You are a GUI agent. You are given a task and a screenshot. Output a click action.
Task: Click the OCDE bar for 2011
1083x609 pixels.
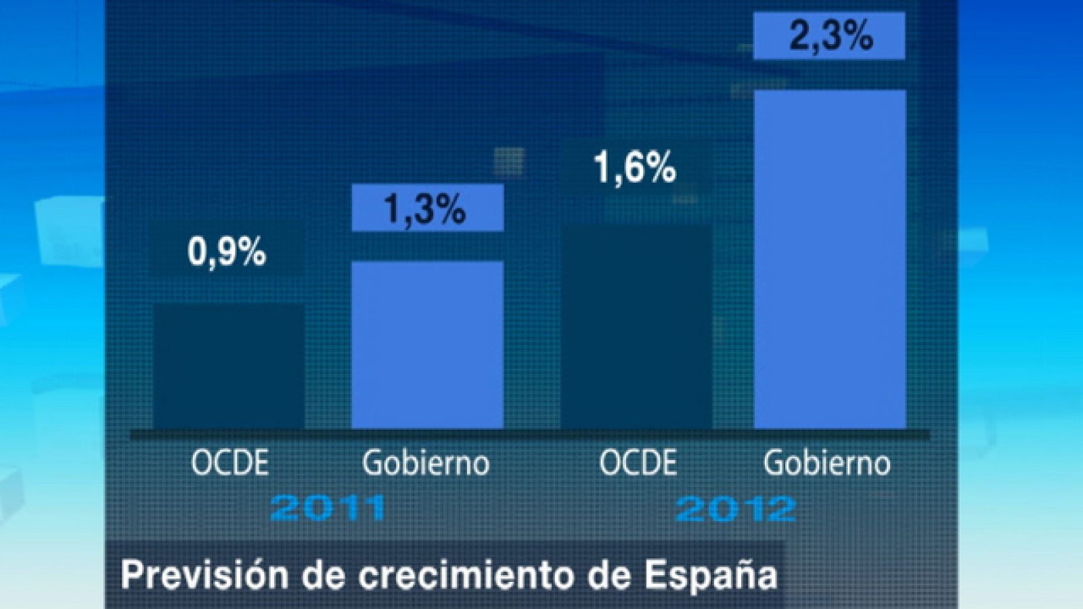pyautogui.click(x=229, y=365)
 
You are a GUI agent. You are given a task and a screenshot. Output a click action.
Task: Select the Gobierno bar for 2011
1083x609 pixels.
pyautogui.click(x=427, y=345)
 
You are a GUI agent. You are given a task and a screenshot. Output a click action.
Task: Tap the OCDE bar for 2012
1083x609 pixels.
pyautogui.click(x=636, y=328)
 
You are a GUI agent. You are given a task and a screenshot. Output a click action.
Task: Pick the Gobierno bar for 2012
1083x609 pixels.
pyautogui.click(x=830, y=261)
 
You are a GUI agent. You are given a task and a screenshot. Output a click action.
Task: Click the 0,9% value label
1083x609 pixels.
pyautogui.click(x=226, y=252)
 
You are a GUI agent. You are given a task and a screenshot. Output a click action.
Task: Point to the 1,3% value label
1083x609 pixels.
pyautogui.click(x=426, y=208)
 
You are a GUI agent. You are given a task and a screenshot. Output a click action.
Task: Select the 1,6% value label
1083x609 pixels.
pyautogui.click(x=635, y=167)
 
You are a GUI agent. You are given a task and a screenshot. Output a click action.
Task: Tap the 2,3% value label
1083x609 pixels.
pyautogui.click(x=830, y=36)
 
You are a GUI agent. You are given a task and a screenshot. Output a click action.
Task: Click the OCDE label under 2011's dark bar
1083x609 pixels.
pyautogui.click(x=229, y=464)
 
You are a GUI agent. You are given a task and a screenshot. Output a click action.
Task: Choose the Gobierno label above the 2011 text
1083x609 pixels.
pyautogui.click(x=426, y=464)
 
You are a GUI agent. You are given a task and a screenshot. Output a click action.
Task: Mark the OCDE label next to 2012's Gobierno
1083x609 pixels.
pyautogui.click(x=638, y=464)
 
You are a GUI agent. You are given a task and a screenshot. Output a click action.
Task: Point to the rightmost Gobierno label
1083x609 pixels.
pyautogui.click(x=826, y=464)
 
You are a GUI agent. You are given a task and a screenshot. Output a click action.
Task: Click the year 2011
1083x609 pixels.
pyautogui.click(x=328, y=508)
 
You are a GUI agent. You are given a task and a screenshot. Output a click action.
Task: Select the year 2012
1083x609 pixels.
pyautogui.click(x=736, y=508)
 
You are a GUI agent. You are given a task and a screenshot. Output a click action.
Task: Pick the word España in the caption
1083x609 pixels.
pyautogui.click(x=710, y=576)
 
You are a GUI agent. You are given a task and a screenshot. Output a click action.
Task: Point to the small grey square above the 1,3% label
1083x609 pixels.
pyautogui.click(x=508, y=161)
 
